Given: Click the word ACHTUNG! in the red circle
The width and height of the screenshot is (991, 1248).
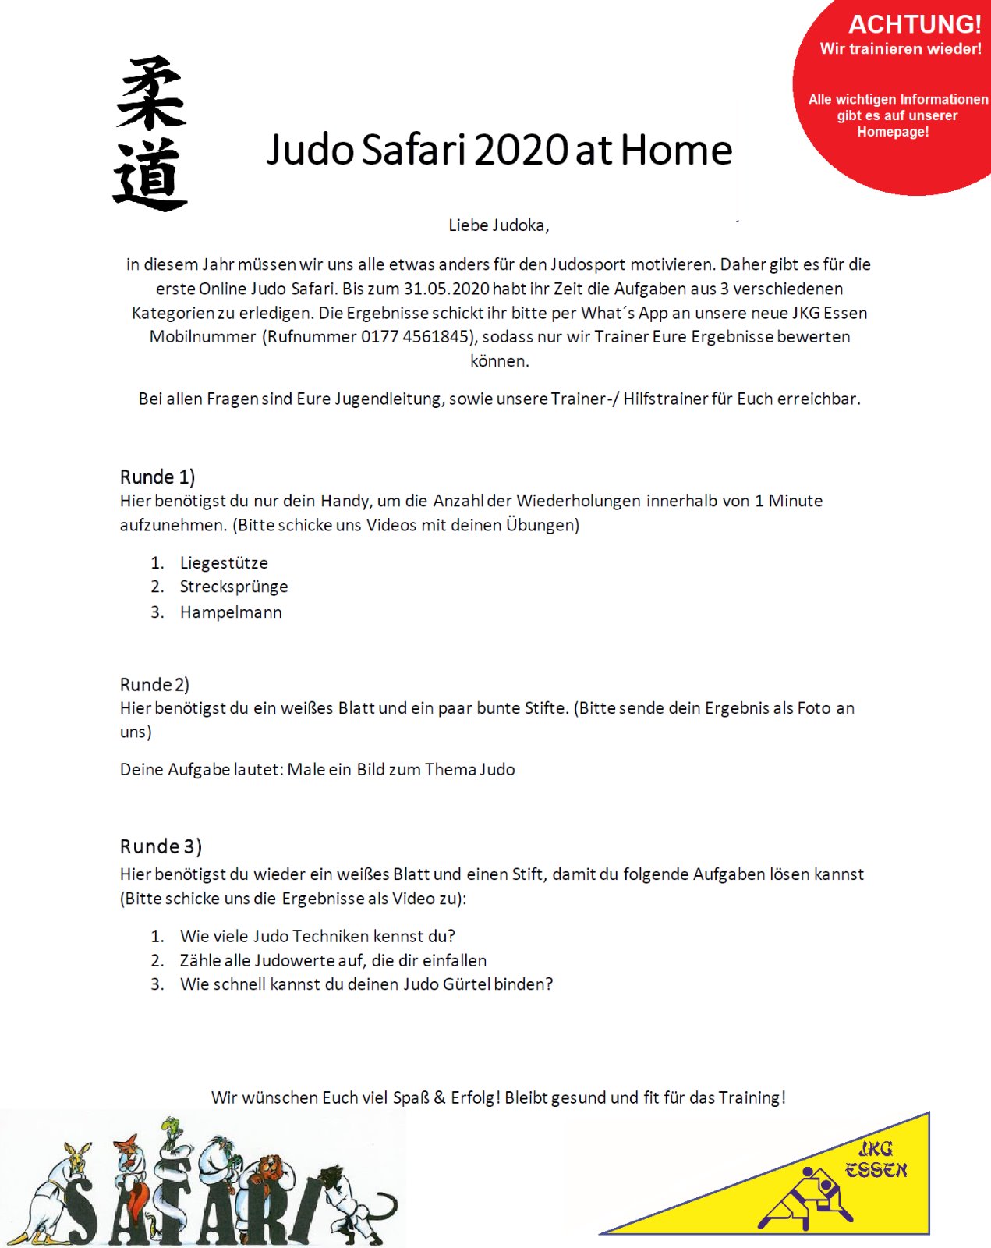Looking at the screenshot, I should coord(915,25).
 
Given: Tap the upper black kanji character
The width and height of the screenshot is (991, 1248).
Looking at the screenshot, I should coord(150,94).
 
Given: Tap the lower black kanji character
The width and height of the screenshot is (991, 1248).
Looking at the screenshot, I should coord(150,175).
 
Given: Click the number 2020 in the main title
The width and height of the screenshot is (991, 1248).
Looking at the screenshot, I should coord(521,150).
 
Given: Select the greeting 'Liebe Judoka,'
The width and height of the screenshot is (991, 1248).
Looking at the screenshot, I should coord(499,225).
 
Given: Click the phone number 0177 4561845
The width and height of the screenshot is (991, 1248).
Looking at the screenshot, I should coord(415,337).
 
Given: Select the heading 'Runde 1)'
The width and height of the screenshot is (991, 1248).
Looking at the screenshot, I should coord(157,477).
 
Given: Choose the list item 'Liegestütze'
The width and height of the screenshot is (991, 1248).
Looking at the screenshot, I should coord(224,563).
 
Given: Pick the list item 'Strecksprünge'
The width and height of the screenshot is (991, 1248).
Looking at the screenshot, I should coord(234,587).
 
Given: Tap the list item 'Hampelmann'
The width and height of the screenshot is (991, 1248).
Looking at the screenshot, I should coord(231,612).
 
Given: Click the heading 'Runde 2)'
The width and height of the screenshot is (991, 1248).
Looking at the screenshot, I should coord(154,684).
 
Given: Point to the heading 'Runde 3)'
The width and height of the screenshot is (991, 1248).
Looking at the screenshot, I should coord(161,846).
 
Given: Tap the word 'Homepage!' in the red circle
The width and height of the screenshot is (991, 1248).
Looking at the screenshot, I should coord(893,132).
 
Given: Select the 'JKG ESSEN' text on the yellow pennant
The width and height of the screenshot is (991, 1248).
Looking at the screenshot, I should coord(876,1160).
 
